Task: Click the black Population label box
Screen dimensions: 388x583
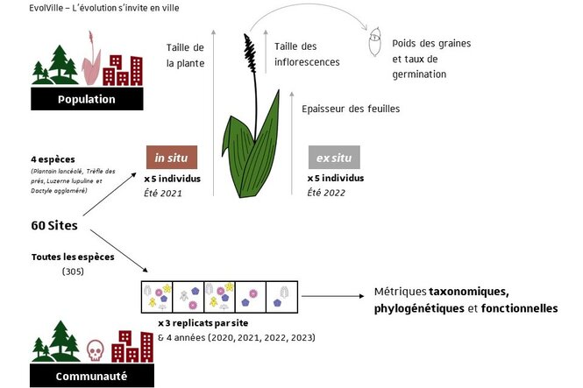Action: [x=86, y=99]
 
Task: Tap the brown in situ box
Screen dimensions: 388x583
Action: [x=171, y=158]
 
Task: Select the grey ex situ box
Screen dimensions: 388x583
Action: [x=334, y=158]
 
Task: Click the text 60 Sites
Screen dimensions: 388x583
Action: [x=55, y=225]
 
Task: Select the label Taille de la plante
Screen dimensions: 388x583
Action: [x=184, y=55]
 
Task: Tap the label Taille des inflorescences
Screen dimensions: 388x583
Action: [x=307, y=54]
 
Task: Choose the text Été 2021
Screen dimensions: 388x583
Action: [x=163, y=192]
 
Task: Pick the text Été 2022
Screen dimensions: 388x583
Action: [x=326, y=192]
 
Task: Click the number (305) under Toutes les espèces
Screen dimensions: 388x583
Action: [x=72, y=273]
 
